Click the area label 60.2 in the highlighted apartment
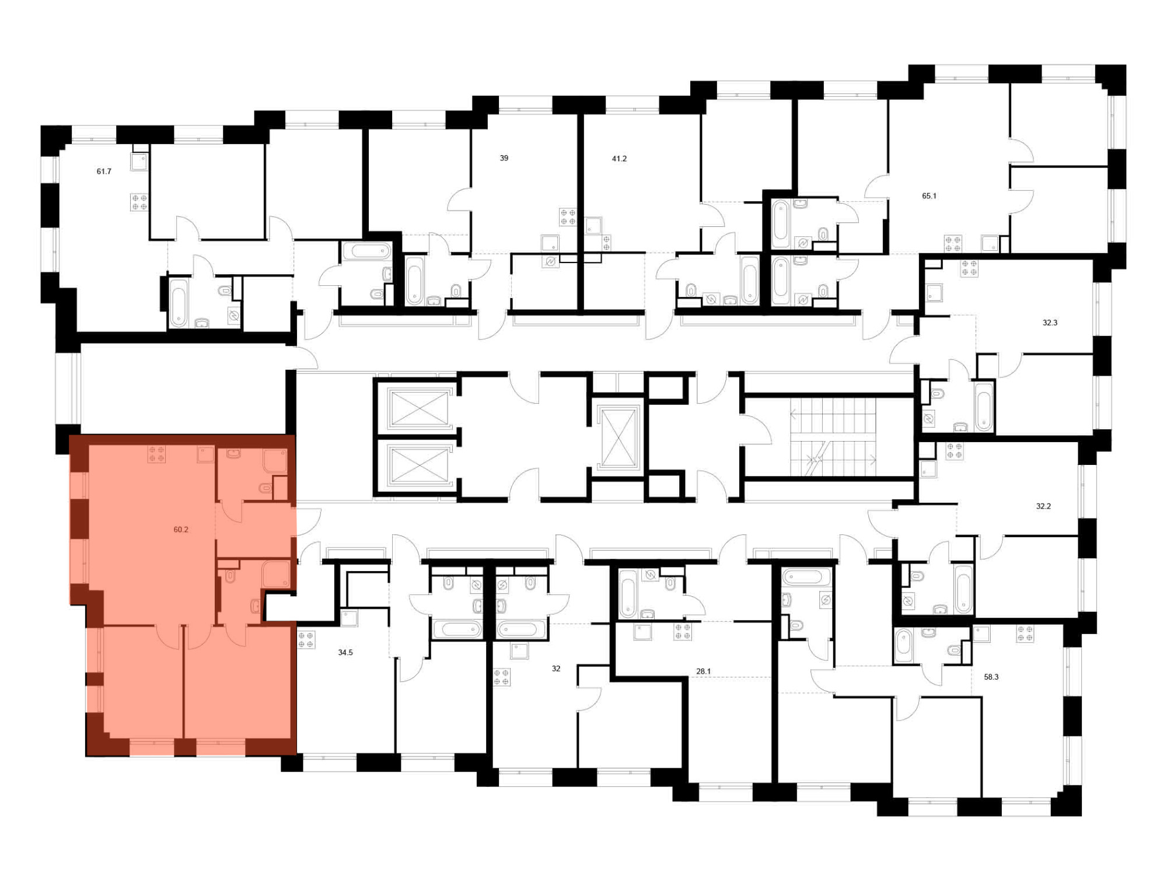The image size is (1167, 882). click(x=181, y=530)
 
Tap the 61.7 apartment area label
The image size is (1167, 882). click(x=104, y=171)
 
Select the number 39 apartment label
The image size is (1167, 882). click(x=504, y=158)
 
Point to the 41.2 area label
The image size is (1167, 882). click(x=619, y=159)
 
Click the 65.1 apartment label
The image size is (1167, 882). click(x=929, y=196)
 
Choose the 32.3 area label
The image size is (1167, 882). click(x=1050, y=323)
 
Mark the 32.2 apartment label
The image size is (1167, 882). click(x=1043, y=506)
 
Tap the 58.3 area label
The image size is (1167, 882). click(x=991, y=677)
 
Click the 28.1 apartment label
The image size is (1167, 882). click(x=704, y=671)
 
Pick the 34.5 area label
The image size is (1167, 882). click(x=345, y=653)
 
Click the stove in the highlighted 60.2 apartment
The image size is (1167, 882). click(x=156, y=454)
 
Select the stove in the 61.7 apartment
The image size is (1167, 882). click(x=139, y=202)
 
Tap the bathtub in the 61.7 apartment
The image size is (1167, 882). click(x=178, y=302)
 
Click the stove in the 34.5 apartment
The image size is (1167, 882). click(x=306, y=640)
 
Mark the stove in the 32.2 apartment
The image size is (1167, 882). click(x=955, y=451)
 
